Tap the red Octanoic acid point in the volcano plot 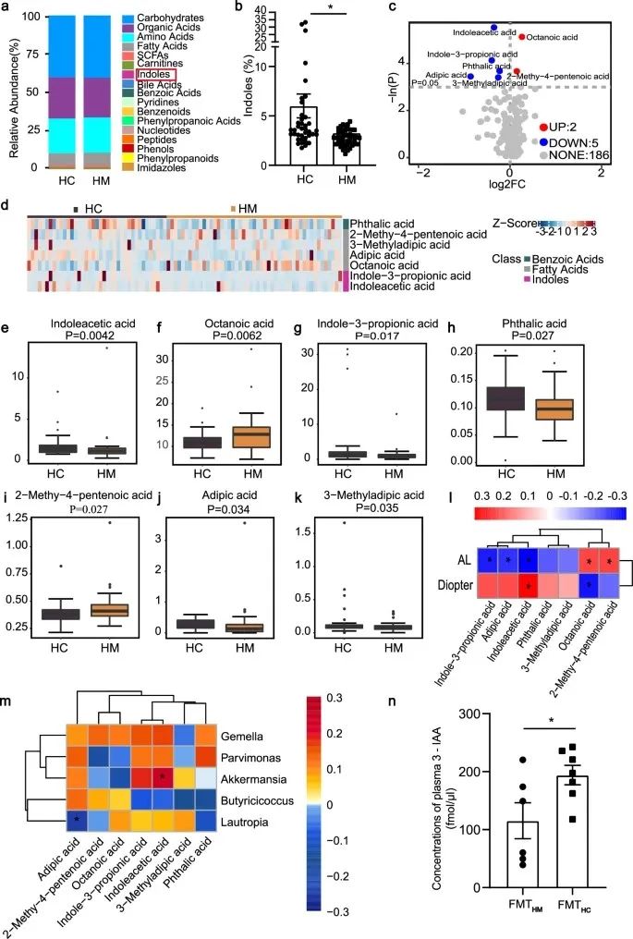click(x=522, y=37)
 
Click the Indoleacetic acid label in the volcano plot click(x=457, y=33)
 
